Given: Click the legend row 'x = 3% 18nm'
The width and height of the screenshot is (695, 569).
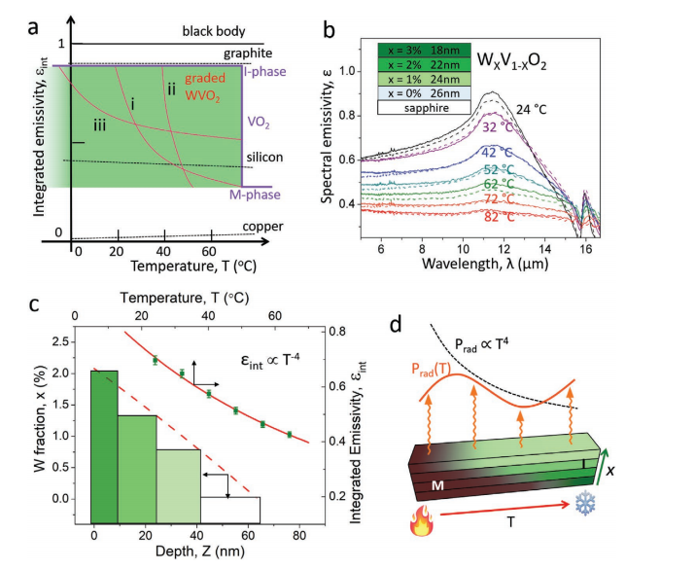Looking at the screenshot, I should [x=423, y=50].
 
